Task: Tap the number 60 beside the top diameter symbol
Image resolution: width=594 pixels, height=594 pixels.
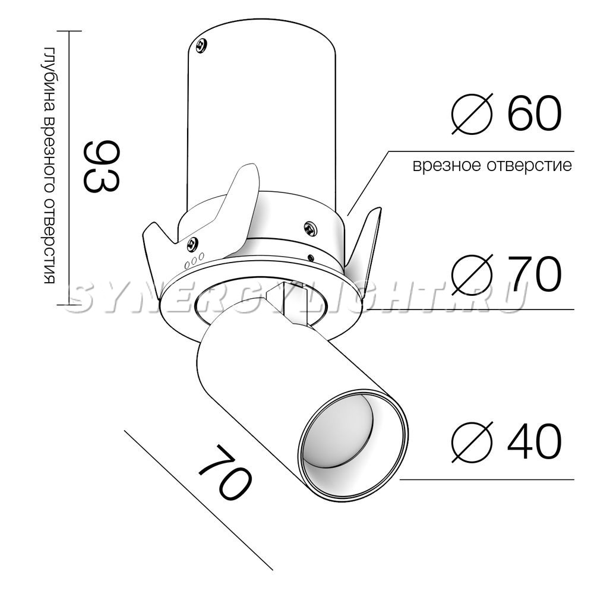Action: [534, 113]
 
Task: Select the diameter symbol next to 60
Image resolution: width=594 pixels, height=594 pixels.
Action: [472, 113]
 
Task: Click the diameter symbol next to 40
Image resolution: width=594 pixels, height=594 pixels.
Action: [472, 441]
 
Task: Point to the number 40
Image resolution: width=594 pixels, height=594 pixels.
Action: [534, 441]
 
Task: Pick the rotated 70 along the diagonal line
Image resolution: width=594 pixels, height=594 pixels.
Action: [225, 472]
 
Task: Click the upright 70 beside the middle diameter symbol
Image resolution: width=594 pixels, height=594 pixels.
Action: [534, 273]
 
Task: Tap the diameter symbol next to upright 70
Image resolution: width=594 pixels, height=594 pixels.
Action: [472, 274]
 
